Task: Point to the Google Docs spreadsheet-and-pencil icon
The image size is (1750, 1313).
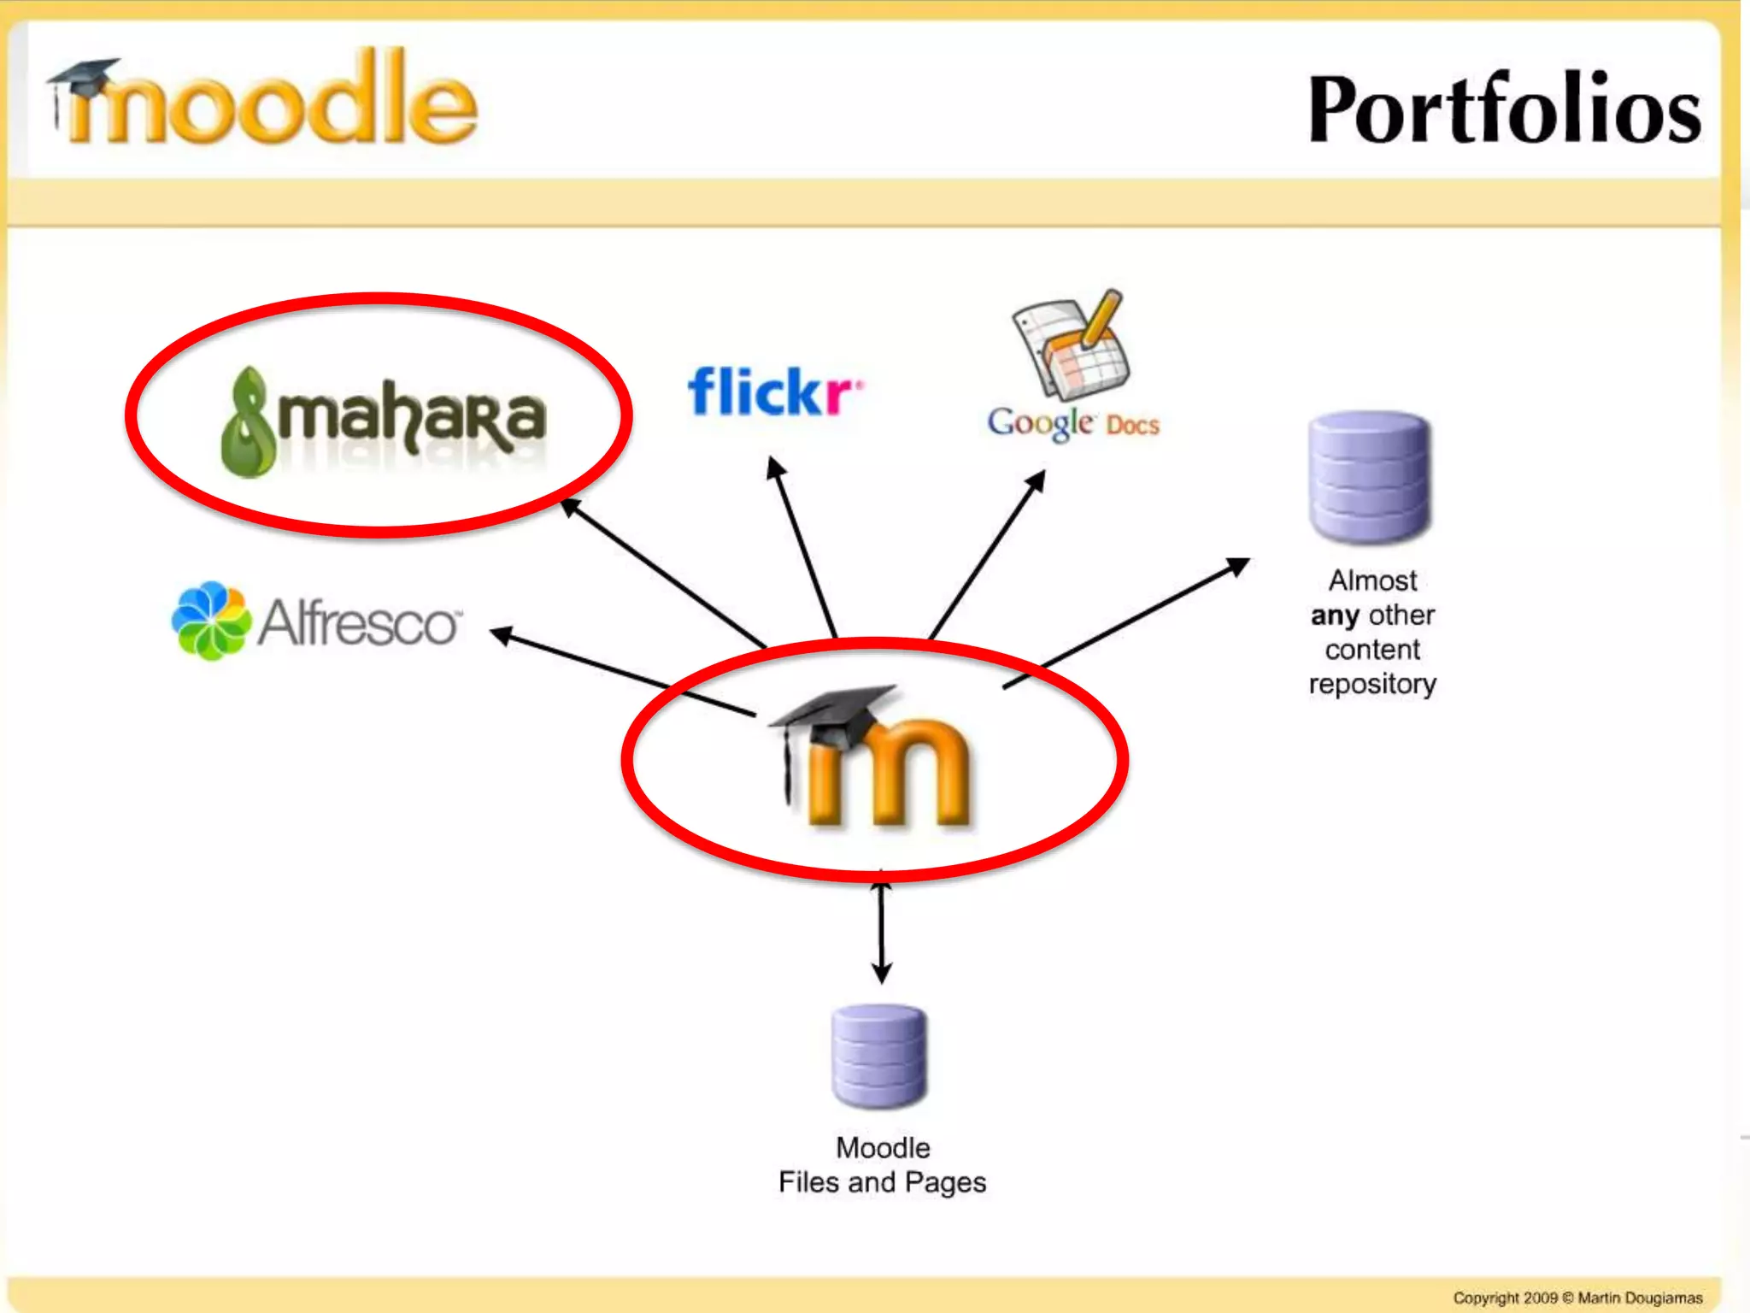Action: coord(1072,345)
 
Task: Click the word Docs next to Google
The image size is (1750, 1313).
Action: coord(1132,425)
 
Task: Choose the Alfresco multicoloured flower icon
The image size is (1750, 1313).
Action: coord(210,621)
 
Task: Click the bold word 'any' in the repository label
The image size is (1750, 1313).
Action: coord(1335,615)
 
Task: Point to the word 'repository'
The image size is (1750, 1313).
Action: coord(1372,684)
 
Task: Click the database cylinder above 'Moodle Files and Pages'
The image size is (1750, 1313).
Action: coord(879,1057)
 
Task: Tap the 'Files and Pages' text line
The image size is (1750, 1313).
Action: coord(882,1182)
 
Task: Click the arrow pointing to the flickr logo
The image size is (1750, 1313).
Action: coord(803,547)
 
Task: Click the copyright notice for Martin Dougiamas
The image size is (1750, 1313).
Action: coord(1577,1298)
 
